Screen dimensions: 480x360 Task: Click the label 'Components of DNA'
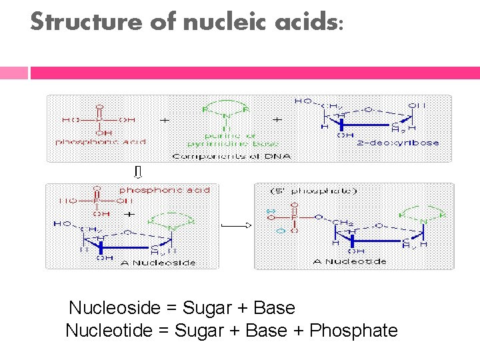click(x=232, y=156)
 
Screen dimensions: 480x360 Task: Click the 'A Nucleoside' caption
click(x=159, y=263)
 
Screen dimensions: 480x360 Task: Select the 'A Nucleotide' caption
click(x=349, y=261)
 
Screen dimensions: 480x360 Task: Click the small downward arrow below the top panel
click(x=138, y=173)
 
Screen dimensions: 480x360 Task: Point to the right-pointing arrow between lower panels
click(x=236, y=226)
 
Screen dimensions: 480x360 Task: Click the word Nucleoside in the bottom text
click(x=115, y=308)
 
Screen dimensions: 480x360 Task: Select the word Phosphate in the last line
click(x=354, y=331)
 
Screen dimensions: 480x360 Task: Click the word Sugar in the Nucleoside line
click(x=206, y=308)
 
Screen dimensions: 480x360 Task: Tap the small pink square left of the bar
click(x=14, y=73)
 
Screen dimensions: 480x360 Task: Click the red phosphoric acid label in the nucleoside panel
click(x=164, y=191)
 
